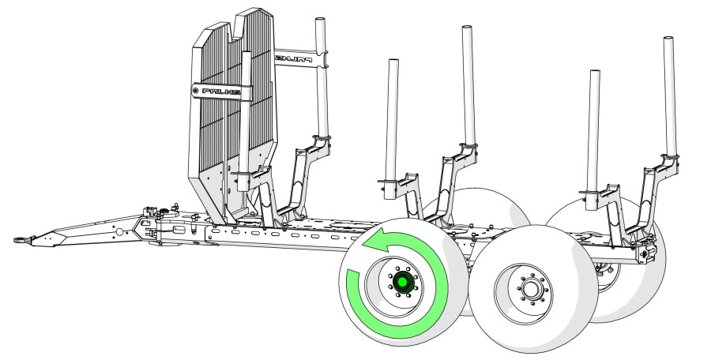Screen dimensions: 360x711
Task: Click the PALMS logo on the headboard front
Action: pos(221,92)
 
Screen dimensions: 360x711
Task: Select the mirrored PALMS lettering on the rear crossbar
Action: pos(294,58)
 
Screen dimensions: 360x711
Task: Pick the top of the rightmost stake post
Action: pos(668,41)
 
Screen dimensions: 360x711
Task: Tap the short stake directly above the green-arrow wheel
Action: pos(391,118)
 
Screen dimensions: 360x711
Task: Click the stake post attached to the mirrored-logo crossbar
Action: pos(322,79)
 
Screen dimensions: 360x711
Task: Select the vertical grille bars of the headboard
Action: pos(217,134)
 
